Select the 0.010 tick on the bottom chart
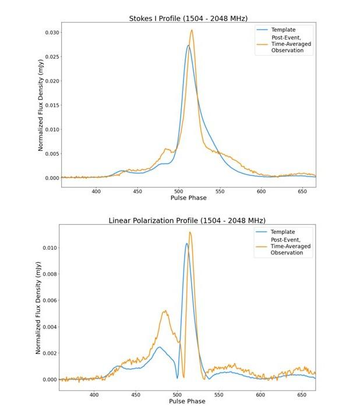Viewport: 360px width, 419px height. pyautogui.click(x=50, y=248)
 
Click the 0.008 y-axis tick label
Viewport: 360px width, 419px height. pyautogui.click(x=50, y=274)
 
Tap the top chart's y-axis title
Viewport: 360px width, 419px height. pyautogui.click(x=41, y=105)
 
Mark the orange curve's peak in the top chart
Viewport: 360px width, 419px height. pyautogui.click(x=192, y=30)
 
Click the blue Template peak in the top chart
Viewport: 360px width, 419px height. pyautogui.click(x=188, y=45)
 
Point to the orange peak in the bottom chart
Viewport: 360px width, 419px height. pyautogui.click(x=190, y=232)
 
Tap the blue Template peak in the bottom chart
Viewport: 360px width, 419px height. pyautogui.click(x=186, y=243)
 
